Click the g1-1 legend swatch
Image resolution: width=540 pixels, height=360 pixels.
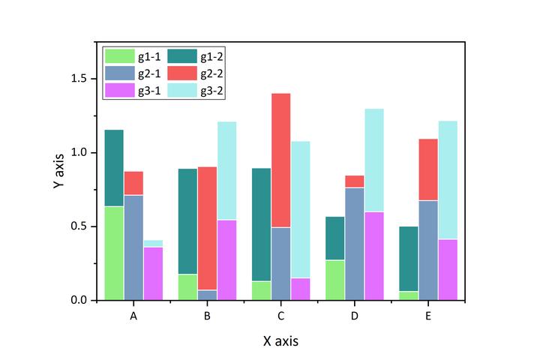click(118, 55)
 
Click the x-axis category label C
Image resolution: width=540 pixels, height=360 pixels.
click(280, 316)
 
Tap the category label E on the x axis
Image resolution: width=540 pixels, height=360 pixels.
click(427, 316)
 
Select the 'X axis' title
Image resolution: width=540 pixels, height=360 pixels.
click(280, 341)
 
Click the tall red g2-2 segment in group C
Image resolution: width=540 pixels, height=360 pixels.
click(280, 160)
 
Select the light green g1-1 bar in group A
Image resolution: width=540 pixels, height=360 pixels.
click(114, 253)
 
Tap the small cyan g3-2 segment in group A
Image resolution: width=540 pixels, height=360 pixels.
click(153, 243)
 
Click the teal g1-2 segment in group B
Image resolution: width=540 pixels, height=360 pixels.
click(187, 221)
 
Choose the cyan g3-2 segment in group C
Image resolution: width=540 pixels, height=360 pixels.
click(300, 209)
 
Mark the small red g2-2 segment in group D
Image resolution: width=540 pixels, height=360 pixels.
click(354, 181)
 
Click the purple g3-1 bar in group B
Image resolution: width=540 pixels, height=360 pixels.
click(226, 259)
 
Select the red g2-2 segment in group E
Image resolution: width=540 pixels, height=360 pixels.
click(428, 169)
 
